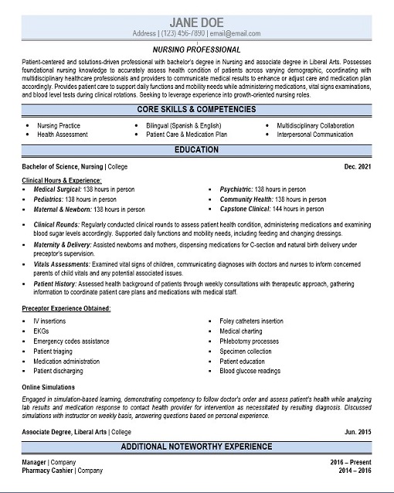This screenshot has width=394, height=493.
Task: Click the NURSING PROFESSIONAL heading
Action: pos(196,47)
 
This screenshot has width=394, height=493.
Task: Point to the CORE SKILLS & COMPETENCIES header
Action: pos(196,110)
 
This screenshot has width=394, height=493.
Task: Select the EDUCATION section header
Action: pos(196,149)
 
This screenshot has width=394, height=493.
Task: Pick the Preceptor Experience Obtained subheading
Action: pos(66,308)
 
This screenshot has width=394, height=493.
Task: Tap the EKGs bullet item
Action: pos(41,330)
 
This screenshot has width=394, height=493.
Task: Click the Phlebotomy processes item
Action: pos(249,341)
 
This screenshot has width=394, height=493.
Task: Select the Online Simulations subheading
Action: pos(47,386)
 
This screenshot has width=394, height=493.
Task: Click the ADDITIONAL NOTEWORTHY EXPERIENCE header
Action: pos(196,446)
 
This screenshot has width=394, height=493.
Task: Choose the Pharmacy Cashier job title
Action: pos(46,470)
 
